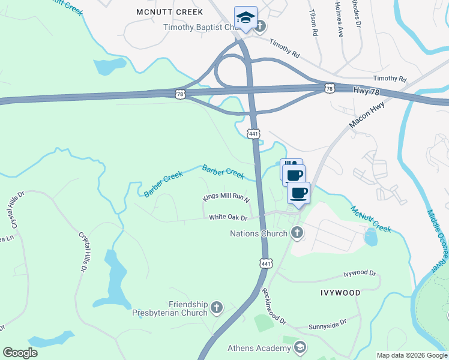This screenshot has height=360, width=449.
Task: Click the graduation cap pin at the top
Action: (246, 17)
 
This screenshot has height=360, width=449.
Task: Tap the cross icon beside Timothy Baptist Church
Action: (262, 27)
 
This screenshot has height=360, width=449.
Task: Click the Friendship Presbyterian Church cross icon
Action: (217, 308)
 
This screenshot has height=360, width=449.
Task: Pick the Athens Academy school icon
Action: (300, 347)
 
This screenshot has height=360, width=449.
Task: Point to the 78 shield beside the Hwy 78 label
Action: (329, 88)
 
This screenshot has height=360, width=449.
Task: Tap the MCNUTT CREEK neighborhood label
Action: (170, 12)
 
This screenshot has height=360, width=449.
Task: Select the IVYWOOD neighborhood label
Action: (340, 293)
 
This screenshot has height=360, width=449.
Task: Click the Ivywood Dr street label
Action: (360, 274)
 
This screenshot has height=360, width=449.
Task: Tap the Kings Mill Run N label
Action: (226, 199)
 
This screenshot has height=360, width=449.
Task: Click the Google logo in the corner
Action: (20, 353)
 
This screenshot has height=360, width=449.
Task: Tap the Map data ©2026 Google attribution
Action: (411, 355)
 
